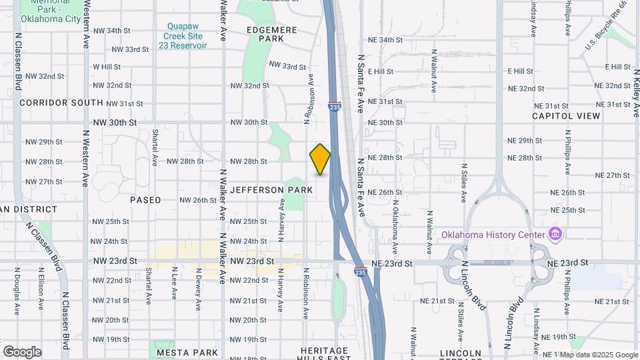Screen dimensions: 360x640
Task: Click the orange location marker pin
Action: tap(320, 159)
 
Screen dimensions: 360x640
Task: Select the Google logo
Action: tap(21, 352)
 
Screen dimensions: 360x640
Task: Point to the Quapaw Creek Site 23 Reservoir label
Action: tap(187, 36)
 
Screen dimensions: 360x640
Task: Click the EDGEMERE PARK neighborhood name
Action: tap(274, 34)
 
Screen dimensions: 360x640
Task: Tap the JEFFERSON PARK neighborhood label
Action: tap(271, 190)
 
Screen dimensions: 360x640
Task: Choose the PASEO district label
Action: tap(145, 200)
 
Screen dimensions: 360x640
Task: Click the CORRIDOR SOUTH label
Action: tap(61, 103)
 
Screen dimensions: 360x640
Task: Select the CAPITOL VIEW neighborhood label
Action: tap(566, 116)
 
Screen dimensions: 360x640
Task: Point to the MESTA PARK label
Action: tap(187, 352)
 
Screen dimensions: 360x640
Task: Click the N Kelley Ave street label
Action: tap(635, 93)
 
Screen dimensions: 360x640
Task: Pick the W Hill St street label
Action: tap(107, 67)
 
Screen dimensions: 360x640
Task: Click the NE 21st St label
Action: tap(437, 301)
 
